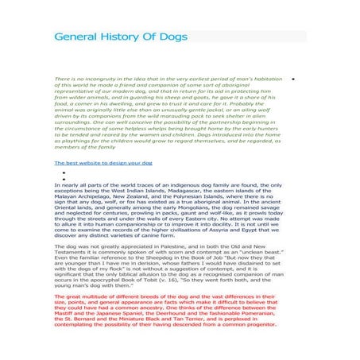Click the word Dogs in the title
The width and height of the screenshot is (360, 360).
click(x=176, y=37)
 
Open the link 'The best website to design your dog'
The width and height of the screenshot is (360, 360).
click(x=103, y=162)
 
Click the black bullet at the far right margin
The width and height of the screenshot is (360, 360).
click(x=294, y=80)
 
